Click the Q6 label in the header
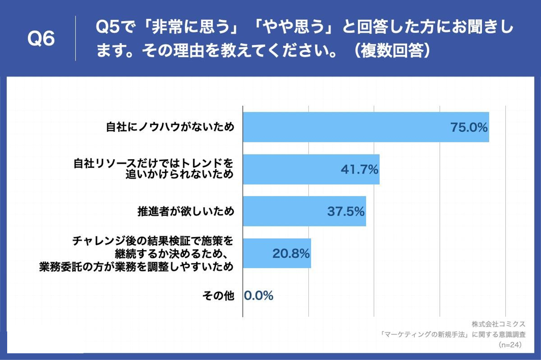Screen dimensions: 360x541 point(40,39)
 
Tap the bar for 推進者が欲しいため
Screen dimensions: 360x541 point(290,211)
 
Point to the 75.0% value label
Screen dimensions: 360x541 point(469,127)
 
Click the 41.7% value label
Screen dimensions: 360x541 point(359,169)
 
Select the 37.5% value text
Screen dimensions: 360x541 point(346,211)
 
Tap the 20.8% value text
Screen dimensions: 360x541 point(291,253)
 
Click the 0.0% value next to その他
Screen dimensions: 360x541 point(259,295)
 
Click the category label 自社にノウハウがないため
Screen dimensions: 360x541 point(170,127)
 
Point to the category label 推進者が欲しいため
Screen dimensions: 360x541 point(186,211)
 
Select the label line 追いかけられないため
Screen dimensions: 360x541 point(179,175)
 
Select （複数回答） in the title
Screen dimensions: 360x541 point(393,51)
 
